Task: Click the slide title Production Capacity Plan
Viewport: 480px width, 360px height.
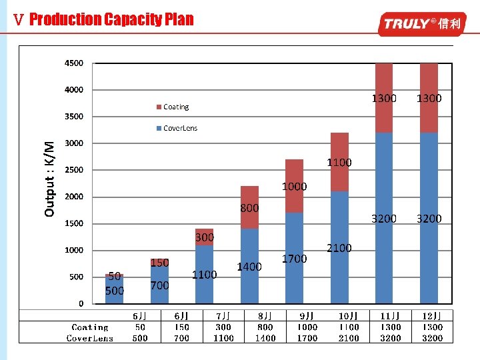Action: (111, 19)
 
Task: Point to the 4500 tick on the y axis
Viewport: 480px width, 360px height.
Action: (74, 63)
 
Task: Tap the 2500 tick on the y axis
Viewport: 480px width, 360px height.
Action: (74, 170)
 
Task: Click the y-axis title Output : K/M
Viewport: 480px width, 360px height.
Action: (49, 179)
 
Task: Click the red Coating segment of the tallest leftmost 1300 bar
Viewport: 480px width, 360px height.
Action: (384, 98)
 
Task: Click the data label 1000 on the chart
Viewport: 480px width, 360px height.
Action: (294, 187)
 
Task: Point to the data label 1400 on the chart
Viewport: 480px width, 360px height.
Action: (249, 267)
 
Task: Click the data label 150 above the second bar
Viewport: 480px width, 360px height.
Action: (159, 263)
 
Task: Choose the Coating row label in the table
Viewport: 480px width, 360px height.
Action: (90, 327)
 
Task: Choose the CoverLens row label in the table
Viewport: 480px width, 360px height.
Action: (90, 338)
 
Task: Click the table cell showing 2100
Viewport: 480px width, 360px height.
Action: (349, 338)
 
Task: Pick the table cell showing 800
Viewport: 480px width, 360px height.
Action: (265, 327)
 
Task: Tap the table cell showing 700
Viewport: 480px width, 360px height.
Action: (181, 338)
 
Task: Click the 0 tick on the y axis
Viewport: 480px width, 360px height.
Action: (81, 304)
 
